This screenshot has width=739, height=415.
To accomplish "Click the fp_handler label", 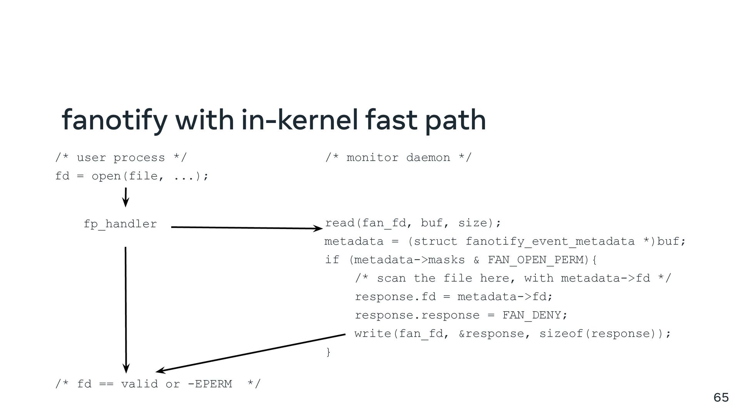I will pos(120,224).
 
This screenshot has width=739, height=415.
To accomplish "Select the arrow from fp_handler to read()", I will pos(246,228).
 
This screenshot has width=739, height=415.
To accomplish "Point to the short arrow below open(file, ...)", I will pos(125,197).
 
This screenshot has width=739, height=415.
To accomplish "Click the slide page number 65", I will pos(721,397).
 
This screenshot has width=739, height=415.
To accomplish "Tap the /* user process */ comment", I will pos(121,158).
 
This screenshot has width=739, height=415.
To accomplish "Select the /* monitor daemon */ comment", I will pos(398,158).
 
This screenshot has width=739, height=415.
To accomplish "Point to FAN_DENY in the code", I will pos(532,315).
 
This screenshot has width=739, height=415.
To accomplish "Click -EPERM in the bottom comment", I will pos(210,384).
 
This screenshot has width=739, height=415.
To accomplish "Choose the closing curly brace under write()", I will pos(328,352).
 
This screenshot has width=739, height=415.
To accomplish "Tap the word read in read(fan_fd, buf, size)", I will pos(340,223).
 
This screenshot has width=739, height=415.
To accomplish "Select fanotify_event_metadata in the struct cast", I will pos(550,241).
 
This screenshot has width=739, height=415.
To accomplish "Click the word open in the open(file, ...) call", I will pos(106,176).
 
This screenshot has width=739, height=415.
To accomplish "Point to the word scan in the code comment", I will pos(391,278).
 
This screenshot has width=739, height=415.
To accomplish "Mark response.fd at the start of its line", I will pos(395,297).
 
